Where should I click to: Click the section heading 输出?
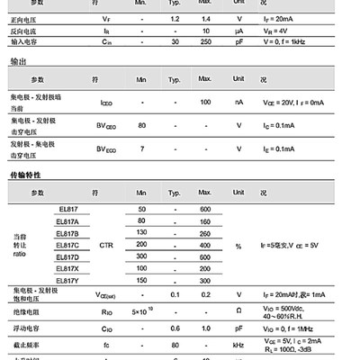click(16, 60)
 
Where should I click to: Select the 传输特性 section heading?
click(23, 173)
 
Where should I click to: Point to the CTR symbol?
click(106, 245)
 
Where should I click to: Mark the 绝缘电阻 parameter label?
click(24, 311)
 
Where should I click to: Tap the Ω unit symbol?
click(238, 311)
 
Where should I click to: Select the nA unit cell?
click(238, 102)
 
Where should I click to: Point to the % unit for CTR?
click(238, 245)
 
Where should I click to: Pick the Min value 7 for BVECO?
click(141, 148)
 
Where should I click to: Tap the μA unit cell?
click(238, 29)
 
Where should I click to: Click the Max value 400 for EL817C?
click(205, 245)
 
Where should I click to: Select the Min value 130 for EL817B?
click(141, 232)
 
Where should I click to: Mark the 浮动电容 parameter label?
click(24, 328)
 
